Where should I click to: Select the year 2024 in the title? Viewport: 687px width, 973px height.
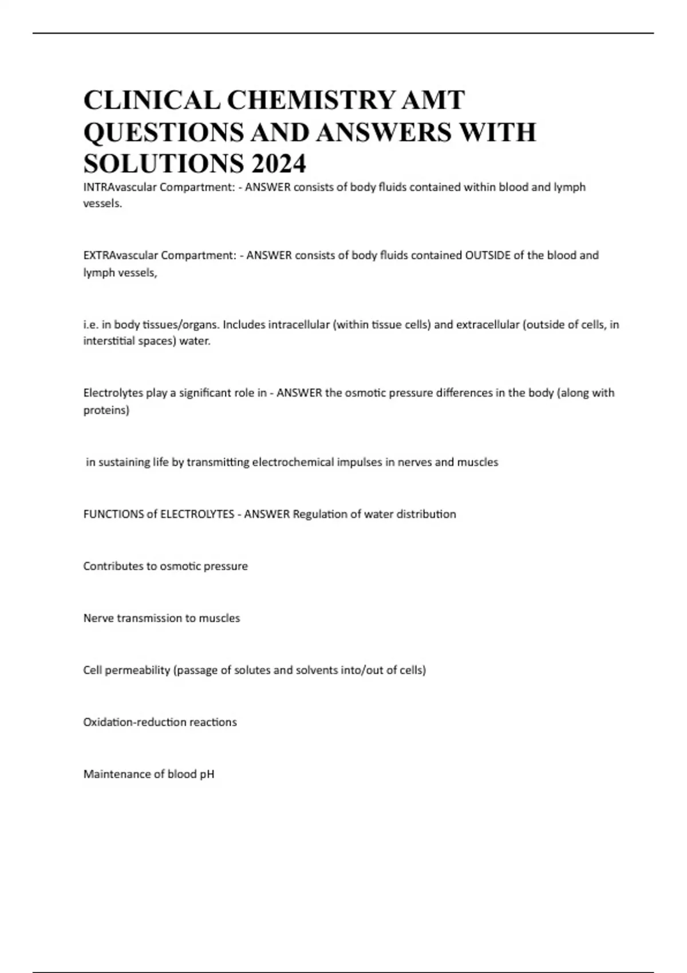point(278,164)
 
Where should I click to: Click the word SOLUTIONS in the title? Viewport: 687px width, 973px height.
point(163,164)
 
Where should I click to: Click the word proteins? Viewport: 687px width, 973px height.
point(106,410)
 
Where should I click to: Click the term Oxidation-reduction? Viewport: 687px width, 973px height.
point(134,722)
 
